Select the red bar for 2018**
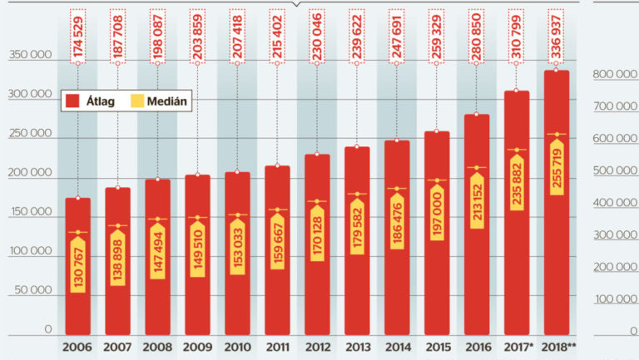[557, 249]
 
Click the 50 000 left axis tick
[35, 292]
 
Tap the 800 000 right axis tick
[615, 75]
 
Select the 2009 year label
[196, 346]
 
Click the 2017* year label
[518, 346]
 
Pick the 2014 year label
[397, 346]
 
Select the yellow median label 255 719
[557, 168]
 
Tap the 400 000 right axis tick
[615, 203]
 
